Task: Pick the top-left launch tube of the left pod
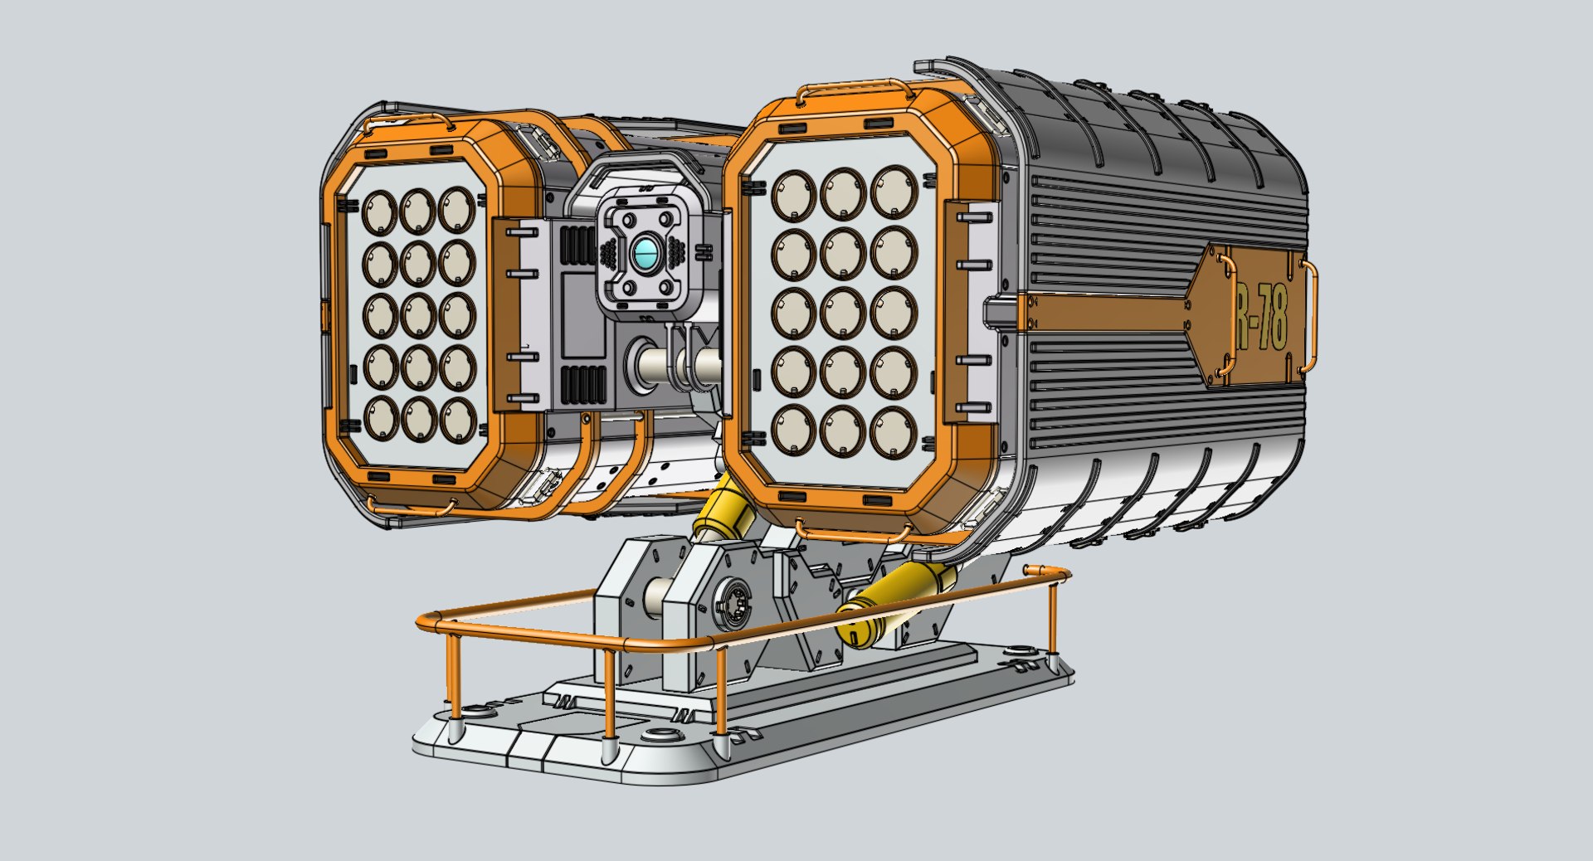tap(381, 212)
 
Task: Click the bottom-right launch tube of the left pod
tap(456, 421)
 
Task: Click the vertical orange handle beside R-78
tap(1310, 315)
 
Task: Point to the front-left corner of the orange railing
tap(429, 621)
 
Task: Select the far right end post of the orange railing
tap(1052, 614)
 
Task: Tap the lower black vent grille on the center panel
tap(584, 386)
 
